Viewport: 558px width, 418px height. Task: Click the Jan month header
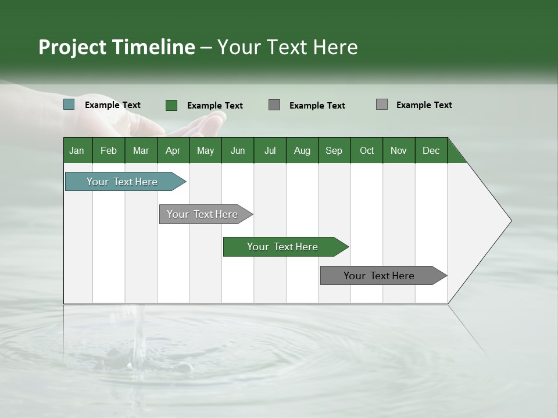pos(77,150)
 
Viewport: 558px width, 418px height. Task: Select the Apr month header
pos(173,150)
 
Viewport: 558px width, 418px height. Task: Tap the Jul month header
pos(270,150)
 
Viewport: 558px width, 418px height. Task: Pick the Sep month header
pos(334,150)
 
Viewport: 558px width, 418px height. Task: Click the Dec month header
pos(431,150)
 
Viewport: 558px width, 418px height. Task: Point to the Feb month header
pos(109,150)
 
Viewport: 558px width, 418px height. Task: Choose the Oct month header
pos(367,150)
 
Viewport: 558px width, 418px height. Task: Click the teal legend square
pos(69,105)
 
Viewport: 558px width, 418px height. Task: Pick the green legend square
pos(171,105)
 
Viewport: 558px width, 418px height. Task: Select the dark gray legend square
pos(274,105)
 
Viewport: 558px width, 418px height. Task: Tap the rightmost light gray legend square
pos(382,105)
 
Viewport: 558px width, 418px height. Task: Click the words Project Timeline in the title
pos(116,47)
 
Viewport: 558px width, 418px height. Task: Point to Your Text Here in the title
pos(288,47)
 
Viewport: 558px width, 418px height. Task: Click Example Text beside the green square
pos(214,106)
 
